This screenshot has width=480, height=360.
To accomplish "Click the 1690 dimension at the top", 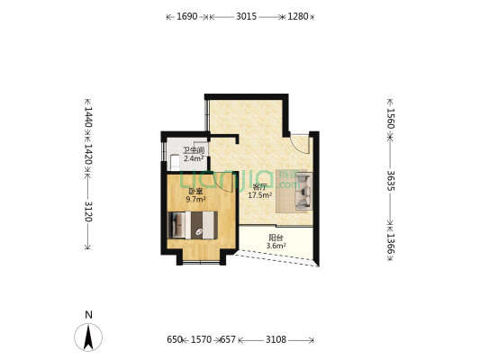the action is [x=187, y=16].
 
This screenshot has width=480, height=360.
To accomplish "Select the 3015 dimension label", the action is [x=247, y=16].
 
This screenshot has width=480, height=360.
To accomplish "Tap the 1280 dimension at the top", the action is [x=298, y=16].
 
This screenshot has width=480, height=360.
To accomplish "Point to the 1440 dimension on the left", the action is [x=88, y=117].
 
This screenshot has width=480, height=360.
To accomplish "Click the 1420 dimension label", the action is [x=88, y=154].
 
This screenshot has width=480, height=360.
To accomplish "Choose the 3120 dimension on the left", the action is [x=88, y=211].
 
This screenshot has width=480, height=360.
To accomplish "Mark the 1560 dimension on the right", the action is [x=390, y=119].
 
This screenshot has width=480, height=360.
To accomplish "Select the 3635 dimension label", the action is [x=390, y=181].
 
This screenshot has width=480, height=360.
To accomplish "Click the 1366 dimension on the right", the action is [x=390, y=244].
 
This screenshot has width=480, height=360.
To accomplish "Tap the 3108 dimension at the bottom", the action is [x=276, y=339].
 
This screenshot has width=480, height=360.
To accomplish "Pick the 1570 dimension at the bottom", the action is [x=201, y=339].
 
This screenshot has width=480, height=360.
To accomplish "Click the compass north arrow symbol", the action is [x=88, y=337].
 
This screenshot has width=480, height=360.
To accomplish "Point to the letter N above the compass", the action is [x=89, y=315].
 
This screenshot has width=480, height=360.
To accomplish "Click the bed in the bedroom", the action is [x=193, y=225].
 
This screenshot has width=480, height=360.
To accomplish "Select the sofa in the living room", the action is [x=303, y=192].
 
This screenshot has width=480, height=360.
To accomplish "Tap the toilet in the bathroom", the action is [x=175, y=162].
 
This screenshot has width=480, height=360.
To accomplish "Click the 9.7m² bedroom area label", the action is [x=195, y=200].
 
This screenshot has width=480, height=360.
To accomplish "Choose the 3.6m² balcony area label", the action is [x=276, y=246].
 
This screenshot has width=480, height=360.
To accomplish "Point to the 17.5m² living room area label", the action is [x=260, y=195].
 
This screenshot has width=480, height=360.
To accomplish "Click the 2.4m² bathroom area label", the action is [x=194, y=158].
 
